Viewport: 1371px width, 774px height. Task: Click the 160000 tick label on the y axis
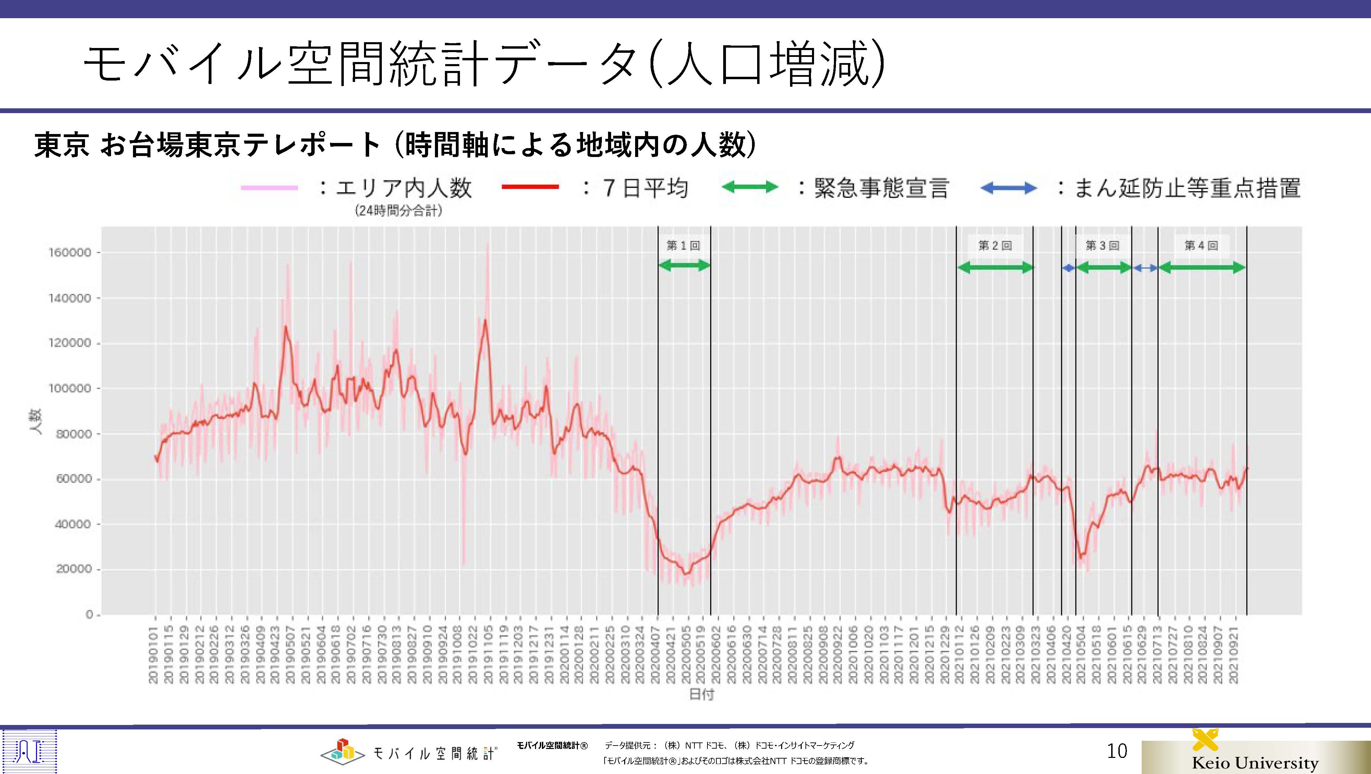click(x=70, y=252)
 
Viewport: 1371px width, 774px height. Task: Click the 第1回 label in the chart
click(x=683, y=245)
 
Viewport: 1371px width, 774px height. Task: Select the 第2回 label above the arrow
click(x=995, y=245)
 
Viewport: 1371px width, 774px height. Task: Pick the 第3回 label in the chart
click(x=1102, y=245)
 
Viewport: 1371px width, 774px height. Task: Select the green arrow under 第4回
click(x=1202, y=268)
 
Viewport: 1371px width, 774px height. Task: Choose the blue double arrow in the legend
click(x=1008, y=188)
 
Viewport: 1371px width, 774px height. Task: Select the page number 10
click(x=1117, y=751)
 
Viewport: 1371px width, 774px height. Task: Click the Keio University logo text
click(x=1255, y=762)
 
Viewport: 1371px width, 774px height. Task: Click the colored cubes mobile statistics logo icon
click(x=342, y=750)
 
